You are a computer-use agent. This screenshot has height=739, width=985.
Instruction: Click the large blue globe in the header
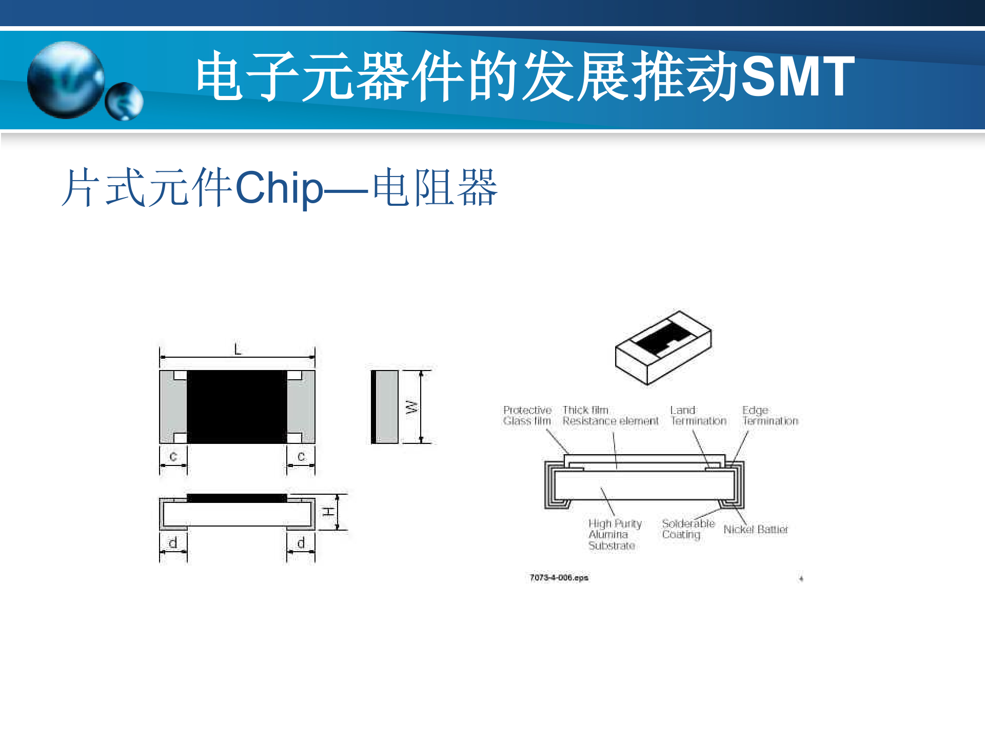pos(66,80)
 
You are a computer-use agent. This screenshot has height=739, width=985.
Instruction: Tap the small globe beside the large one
pos(124,102)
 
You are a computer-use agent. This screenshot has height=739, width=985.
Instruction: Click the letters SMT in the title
pos(798,76)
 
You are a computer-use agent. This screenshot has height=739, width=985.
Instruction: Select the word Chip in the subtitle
pos(279,188)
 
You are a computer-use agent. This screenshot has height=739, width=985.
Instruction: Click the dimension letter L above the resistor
pos(238,350)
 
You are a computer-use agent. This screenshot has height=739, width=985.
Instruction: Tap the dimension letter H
pos(328,512)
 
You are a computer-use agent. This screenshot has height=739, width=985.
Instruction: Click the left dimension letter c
pos(173,456)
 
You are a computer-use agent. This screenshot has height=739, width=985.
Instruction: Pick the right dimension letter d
pos(301,543)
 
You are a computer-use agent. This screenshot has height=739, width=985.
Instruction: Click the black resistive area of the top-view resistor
pos(237,406)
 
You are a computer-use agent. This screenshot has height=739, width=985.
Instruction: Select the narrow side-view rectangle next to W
pos(385,406)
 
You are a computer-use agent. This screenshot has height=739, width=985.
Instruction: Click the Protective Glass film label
pos(527,416)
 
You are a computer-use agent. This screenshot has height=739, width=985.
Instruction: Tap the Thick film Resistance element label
pos(610,416)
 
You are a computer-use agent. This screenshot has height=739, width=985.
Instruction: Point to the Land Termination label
pos(698,416)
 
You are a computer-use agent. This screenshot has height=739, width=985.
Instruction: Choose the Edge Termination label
pos(770,416)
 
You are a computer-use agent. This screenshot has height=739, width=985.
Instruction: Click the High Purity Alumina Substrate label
pos(615,534)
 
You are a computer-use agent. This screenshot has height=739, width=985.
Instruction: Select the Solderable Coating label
pos(688,529)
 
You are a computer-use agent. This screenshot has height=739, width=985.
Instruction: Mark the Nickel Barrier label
pos(755,530)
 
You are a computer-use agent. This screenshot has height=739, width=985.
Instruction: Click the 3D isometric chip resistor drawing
pos(663,347)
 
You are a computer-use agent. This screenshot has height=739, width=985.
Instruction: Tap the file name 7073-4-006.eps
pos(559,578)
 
